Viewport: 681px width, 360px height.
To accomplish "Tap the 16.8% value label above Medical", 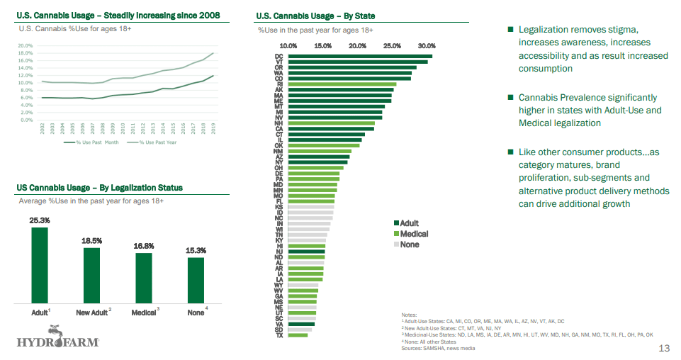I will [x=144, y=246].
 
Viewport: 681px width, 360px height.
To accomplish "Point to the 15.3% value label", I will [x=196, y=251].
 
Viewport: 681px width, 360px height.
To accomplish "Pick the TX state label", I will [x=279, y=335].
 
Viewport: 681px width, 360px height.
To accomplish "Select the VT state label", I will [x=279, y=62].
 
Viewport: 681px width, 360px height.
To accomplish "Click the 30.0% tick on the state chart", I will [x=427, y=45].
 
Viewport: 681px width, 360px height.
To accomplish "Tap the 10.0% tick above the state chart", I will [x=288, y=45].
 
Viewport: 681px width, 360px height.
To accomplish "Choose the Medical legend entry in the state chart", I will [x=414, y=234].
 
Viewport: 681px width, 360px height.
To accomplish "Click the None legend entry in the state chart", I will [x=409, y=244].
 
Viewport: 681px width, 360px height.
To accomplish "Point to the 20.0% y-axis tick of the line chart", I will [x=25, y=45].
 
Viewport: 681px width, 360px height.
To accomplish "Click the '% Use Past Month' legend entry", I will [x=92, y=142].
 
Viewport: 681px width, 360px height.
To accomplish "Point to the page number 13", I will [x=664, y=348].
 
